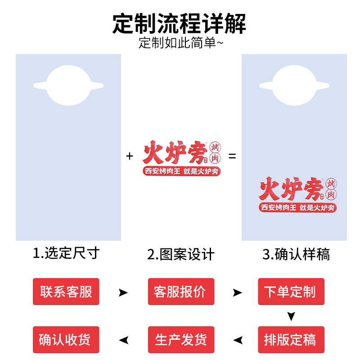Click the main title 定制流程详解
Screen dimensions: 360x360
179,23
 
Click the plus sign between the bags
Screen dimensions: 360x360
130,156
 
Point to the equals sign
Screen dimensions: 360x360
232,156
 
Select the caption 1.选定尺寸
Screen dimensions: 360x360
66,253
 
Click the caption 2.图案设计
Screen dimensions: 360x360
181,254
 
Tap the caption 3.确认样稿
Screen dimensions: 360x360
296,254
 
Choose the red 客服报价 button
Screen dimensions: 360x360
181,292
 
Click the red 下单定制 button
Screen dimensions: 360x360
291,292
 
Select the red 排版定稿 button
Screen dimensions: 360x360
291,340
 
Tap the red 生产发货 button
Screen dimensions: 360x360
181,340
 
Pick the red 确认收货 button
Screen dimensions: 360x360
66,340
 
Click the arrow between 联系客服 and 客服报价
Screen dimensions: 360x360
123,292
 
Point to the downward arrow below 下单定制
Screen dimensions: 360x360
291,316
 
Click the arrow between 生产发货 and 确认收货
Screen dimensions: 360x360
123,340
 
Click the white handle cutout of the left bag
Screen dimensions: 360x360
68,85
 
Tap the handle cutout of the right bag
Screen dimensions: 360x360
294,85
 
